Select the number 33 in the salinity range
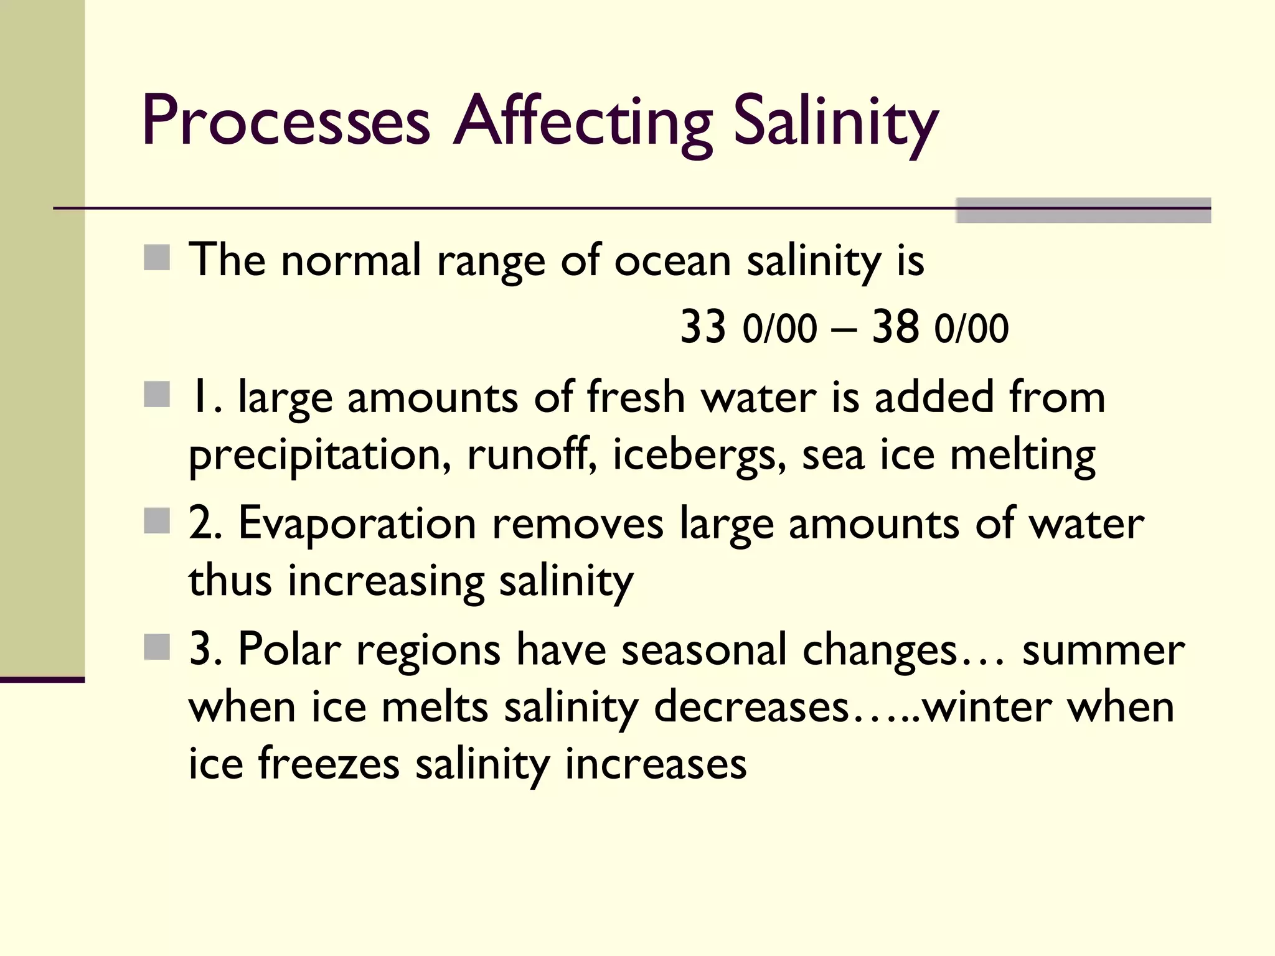click(703, 327)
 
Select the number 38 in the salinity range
click(895, 327)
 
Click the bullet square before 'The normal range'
click(157, 258)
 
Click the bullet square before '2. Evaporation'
click(157, 521)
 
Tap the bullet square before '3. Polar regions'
click(157, 647)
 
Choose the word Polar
click(289, 650)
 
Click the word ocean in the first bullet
click(673, 260)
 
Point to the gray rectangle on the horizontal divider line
click(1083, 210)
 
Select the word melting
click(1022, 456)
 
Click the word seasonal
click(704, 650)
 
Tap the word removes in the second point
click(578, 524)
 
